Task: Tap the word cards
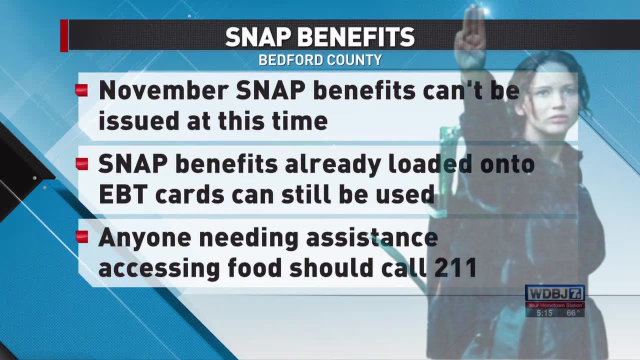tap(185, 192)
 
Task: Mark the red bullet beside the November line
tap(80, 89)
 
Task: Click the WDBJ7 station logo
tap(554, 293)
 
